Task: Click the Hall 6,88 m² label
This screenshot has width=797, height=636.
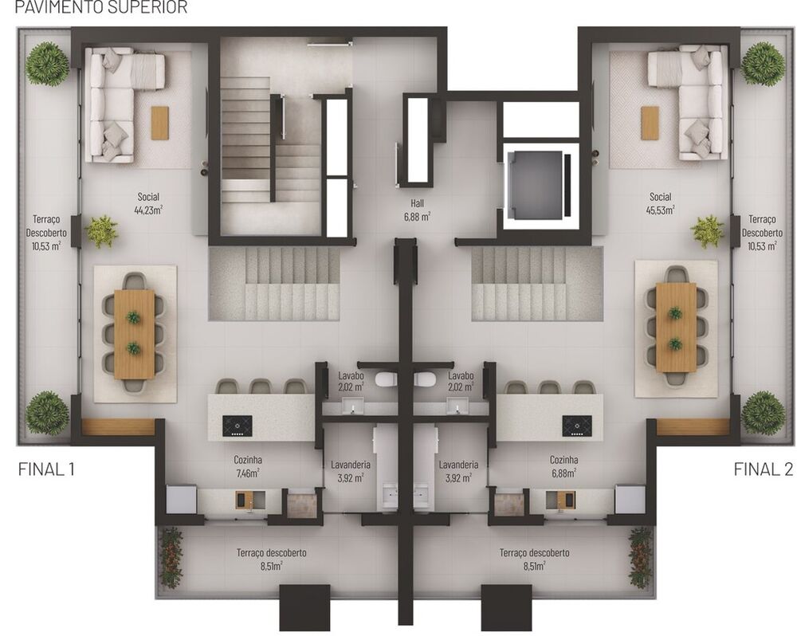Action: click(417, 209)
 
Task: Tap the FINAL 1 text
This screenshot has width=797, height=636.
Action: click(46, 469)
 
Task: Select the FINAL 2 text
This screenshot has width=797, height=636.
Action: click(763, 469)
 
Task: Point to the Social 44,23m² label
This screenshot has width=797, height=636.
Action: click(148, 204)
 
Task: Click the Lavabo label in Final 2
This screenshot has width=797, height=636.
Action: click(461, 381)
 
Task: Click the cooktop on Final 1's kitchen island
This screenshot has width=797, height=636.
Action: click(237, 426)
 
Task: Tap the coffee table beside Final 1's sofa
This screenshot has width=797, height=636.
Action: click(160, 123)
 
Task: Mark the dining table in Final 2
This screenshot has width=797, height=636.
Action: click(676, 328)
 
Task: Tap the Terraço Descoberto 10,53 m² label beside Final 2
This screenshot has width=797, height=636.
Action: click(763, 234)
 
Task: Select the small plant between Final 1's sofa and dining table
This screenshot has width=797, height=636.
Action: click(101, 231)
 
